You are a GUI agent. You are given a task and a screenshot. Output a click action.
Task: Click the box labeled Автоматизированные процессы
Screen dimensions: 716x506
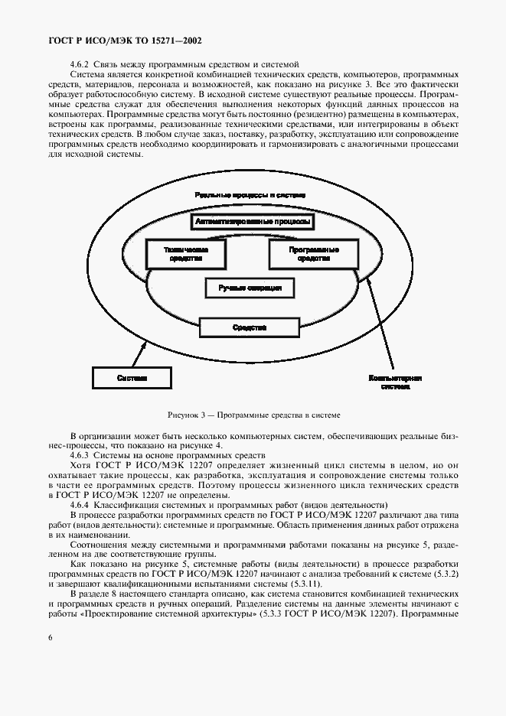click(253, 222)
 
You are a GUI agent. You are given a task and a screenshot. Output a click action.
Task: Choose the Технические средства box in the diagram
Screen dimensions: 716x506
click(186, 255)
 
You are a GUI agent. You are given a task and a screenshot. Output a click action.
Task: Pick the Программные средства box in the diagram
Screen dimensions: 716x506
click(314, 255)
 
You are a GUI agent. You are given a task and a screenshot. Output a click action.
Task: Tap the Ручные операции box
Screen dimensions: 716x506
click(250, 288)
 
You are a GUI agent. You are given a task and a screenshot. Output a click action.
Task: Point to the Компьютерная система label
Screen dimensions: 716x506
click(395, 382)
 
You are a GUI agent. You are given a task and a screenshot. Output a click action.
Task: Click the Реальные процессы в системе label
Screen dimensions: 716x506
click(250, 195)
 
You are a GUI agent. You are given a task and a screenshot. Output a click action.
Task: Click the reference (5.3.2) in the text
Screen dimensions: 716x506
click(446, 574)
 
